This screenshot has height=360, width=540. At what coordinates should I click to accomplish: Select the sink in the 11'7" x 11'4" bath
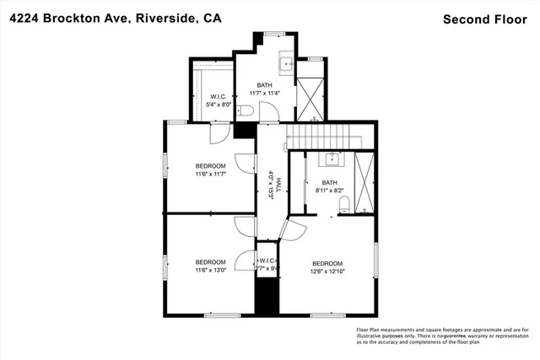[286, 62]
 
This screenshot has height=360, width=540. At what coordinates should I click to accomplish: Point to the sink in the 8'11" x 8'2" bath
[330, 159]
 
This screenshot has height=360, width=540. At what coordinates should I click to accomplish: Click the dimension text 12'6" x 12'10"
[328, 271]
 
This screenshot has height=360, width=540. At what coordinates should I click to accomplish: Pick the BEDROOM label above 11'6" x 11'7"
[210, 165]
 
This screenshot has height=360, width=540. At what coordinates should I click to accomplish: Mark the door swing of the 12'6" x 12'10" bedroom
[296, 229]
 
